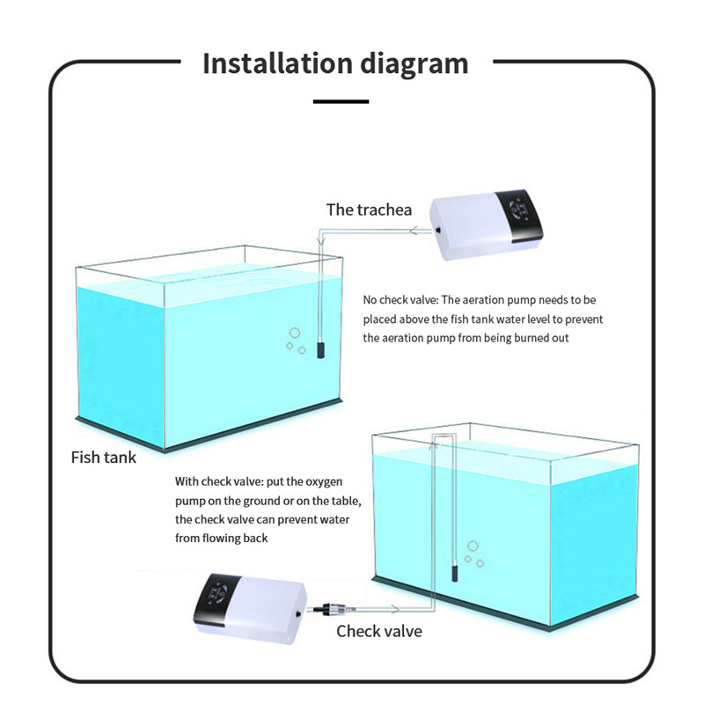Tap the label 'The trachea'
point(369,209)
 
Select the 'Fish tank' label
point(103,458)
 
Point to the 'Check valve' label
point(379,631)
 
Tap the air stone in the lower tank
point(454,573)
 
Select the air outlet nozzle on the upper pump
point(436,231)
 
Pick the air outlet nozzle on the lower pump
point(298,612)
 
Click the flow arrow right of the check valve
point(394,609)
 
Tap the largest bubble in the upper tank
point(295,333)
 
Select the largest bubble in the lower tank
point(473,546)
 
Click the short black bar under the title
point(341,101)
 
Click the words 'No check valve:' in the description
point(400,300)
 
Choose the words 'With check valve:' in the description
point(219,481)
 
